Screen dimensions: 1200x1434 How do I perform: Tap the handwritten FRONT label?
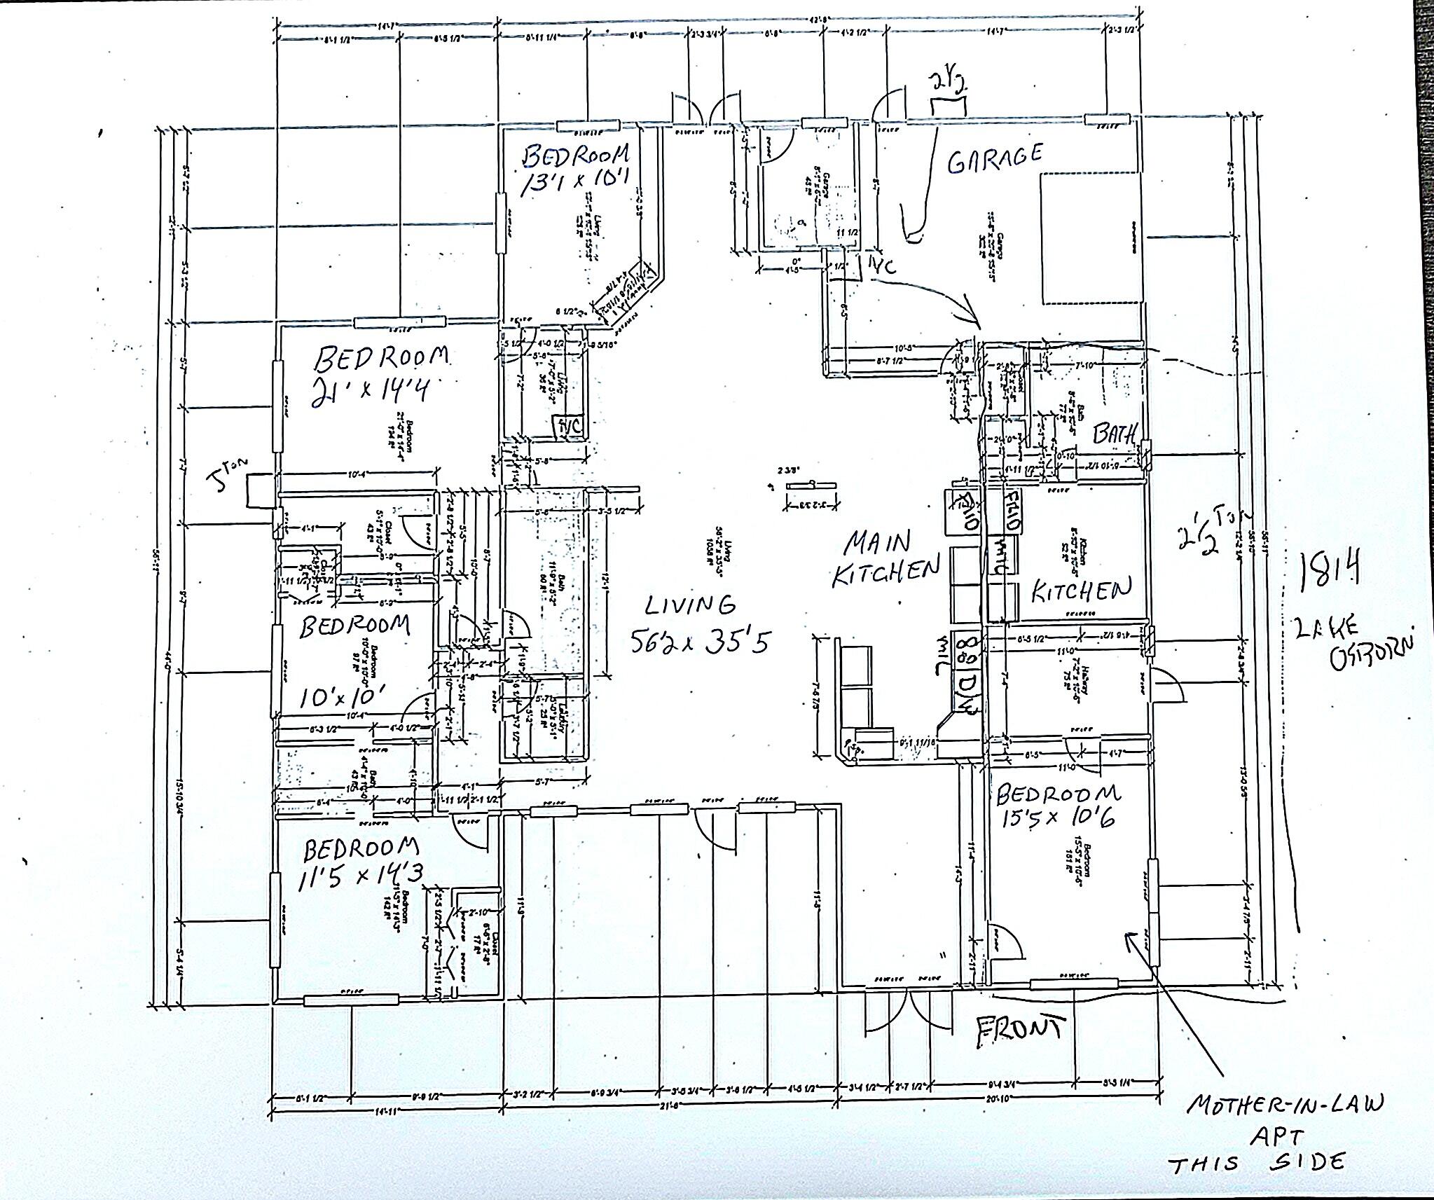[1021, 1031]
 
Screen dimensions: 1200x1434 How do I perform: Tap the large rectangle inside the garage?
[1089, 238]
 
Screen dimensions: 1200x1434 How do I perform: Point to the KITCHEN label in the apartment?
[1081, 591]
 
